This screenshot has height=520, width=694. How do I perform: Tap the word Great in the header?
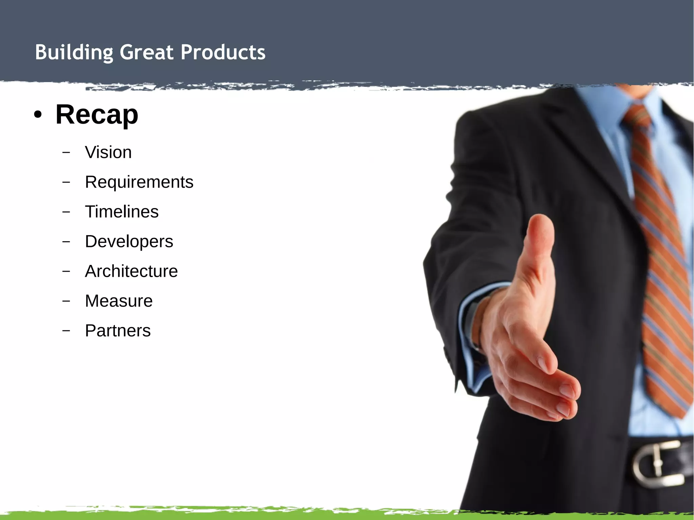click(146, 53)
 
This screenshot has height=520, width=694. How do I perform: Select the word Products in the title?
click(223, 53)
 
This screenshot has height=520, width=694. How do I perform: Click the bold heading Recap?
click(97, 115)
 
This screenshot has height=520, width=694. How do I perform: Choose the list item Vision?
click(108, 152)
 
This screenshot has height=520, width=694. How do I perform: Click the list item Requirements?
click(139, 182)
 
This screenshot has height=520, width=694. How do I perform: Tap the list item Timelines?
click(122, 212)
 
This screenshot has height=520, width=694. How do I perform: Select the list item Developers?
click(129, 242)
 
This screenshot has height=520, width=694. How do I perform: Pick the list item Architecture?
click(131, 271)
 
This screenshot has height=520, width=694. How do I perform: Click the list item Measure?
click(119, 301)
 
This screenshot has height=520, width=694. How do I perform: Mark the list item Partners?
click(118, 331)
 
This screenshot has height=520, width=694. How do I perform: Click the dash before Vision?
click(66, 152)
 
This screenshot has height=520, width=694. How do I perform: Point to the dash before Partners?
click(66, 330)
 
